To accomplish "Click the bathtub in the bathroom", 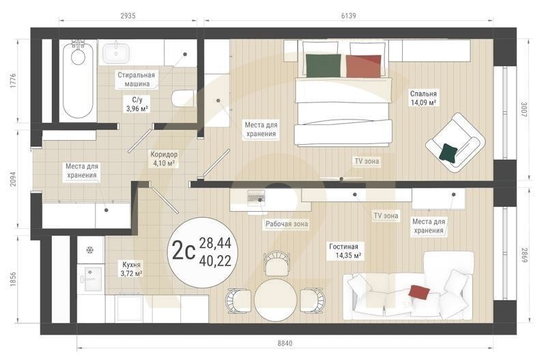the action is pos(78,80).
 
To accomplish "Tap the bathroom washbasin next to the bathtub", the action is pos(116,53).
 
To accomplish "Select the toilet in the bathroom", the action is pos(183,98).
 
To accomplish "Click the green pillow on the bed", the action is pos(323,66).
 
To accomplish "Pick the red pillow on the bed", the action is pos(363,66).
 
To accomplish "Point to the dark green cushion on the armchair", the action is pos(448,153).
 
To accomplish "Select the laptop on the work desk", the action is pos(256,197).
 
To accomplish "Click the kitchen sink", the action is pos(91,279).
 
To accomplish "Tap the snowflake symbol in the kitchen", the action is pos(90,250).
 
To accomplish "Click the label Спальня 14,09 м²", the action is pos(423,98).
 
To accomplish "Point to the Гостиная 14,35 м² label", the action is pos(344,251).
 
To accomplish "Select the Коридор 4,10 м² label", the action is pos(164,158).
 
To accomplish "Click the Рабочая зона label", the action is pos(287,224).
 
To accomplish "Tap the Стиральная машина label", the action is pos(136,79).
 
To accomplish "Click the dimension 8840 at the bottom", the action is pos(285,344).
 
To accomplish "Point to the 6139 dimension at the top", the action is pos(349,16).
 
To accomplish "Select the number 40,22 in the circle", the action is pos(215,260).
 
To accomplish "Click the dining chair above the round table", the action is pos(277,264).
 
